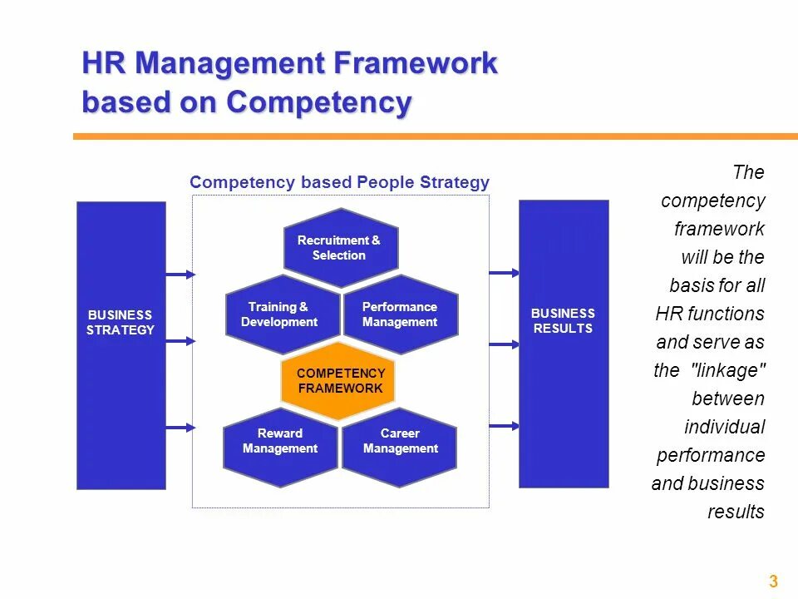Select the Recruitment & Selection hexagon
(340, 248)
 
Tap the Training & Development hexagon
(281, 314)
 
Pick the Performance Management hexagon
(400, 314)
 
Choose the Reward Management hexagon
(280, 441)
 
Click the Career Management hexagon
(400, 441)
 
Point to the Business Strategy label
(121, 323)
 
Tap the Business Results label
(564, 321)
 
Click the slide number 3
(773, 582)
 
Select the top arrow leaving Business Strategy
(180, 274)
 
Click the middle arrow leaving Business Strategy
(180, 340)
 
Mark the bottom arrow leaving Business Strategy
(180, 427)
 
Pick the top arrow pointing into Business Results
(504, 272)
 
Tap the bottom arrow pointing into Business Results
(504, 425)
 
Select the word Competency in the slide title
(319, 102)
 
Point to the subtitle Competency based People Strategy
(339, 182)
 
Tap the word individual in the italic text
(724, 427)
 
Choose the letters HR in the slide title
(104, 63)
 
